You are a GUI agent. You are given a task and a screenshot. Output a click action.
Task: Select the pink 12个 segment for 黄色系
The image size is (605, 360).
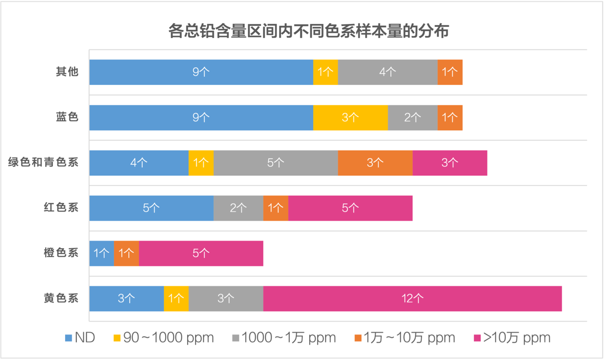(412, 298)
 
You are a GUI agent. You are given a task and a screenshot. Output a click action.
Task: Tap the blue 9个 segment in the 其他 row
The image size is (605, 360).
(201, 72)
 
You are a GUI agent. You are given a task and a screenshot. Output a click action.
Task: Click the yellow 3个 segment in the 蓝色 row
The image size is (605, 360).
(350, 117)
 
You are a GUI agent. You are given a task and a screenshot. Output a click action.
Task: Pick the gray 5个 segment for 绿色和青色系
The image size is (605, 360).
(276, 163)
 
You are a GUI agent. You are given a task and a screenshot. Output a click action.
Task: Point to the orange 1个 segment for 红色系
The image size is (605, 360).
(276, 208)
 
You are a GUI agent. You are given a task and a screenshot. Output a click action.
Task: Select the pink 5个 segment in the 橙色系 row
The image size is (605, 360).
(201, 253)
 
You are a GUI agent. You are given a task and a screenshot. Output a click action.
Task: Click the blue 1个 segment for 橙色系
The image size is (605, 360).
(102, 253)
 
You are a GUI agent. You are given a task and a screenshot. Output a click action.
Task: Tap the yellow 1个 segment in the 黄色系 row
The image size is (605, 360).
(176, 298)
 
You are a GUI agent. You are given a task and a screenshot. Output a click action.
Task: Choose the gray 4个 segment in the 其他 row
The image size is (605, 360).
(387, 72)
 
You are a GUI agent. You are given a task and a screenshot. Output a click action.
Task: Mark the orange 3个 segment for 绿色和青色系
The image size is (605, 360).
(375, 163)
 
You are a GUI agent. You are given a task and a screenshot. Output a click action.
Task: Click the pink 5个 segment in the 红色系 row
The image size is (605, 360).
(350, 208)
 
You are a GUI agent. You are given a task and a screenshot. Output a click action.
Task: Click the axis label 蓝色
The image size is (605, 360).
(67, 117)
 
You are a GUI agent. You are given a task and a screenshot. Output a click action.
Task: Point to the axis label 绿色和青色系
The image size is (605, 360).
(43, 163)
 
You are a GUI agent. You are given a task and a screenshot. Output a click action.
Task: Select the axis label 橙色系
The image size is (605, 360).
(61, 253)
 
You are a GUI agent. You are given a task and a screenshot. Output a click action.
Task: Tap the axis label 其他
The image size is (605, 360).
(67, 72)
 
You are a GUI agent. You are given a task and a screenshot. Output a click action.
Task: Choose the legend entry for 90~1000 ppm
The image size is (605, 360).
(163, 338)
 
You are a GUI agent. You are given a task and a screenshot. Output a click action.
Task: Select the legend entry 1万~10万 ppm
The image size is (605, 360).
(404, 338)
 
